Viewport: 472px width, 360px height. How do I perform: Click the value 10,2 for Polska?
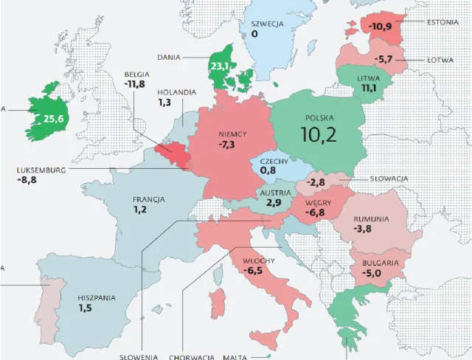click(319, 134)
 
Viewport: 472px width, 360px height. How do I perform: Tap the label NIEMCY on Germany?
click(232, 134)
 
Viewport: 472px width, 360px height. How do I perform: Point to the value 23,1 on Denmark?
click(220, 66)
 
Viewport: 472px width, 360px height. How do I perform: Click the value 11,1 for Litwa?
click(368, 89)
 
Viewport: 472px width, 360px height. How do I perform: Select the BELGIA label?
click(138, 75)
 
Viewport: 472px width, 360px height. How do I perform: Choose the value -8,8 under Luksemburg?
click(27, 179)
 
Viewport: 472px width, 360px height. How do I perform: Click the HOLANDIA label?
click(177, 92)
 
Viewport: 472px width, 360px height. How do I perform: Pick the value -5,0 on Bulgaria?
click(375, 272)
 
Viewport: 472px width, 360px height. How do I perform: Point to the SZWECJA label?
click(267, 23)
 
